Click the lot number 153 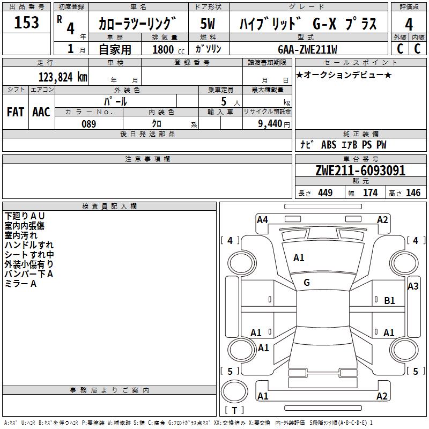pyautogui.click(x=26, y=23)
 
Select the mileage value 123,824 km pyautogui.click(x=62, y=77)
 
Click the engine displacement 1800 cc pyautogui.click(x=165, y=49)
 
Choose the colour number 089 pyautogui.click(x=88, y=124)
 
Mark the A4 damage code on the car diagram pyautogui.click(x=262, y=219)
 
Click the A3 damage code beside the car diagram pyautogui.click(x=413, y=286)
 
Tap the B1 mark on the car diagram pyautogui.click(x=390, y=301)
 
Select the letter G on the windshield pyautogui.click(x=307, y=283)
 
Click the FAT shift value pyautogui.click(x=15, y=112)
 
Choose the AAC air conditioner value pyautogui.click(x=41, y=112)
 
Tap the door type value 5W pyautogui.click(x=208, y=24)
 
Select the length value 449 pyautogui.click(x=325, y=193)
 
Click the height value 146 pyautogui.click(x=413, y=193)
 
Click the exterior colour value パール pyautogui.click(x=115, y=101)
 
